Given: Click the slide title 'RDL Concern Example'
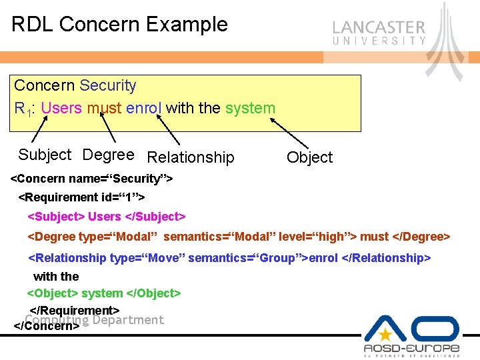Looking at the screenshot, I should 120,25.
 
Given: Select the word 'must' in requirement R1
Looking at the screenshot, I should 103,108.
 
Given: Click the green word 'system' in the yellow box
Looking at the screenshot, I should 250,108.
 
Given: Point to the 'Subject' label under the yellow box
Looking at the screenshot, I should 45,155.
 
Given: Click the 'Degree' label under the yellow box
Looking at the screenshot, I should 108,155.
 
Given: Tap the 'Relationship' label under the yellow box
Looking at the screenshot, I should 191,157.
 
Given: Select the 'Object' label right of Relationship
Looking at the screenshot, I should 309,157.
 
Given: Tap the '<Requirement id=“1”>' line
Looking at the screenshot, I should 81,197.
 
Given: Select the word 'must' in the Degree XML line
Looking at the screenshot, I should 374,237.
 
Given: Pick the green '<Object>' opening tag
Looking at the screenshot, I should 53,293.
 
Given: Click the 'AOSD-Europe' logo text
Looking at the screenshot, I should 411,348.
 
